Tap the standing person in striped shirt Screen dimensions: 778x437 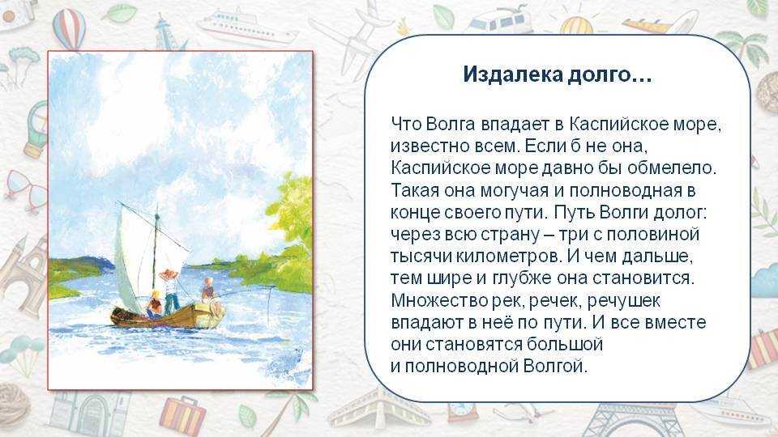tap(171, 290)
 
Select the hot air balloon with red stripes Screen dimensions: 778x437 tap(70, 28)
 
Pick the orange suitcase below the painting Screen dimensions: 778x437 tap(182, 414)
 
